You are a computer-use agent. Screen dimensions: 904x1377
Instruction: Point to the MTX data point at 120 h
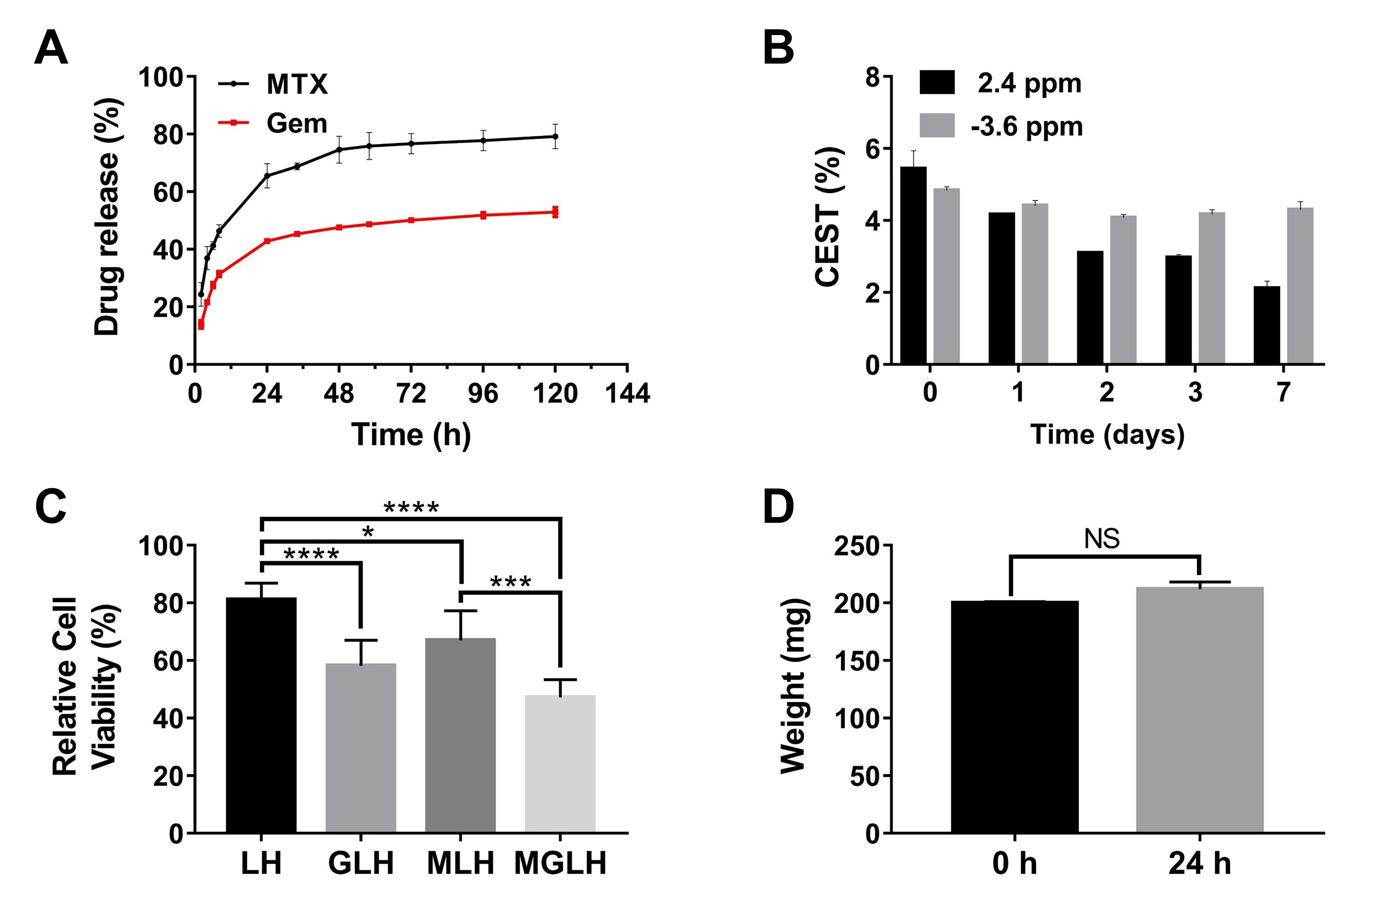555,136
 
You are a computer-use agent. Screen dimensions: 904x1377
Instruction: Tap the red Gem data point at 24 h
267,241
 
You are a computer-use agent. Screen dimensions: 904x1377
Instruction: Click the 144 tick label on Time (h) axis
627,394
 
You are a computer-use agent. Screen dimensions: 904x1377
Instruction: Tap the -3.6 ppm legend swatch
937,125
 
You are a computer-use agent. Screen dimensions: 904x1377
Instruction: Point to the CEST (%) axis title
828,217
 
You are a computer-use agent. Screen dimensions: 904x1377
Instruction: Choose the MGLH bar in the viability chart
560,763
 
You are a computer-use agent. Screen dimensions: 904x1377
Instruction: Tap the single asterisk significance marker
368,532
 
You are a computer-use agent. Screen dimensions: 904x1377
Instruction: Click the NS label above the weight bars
1102,539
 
